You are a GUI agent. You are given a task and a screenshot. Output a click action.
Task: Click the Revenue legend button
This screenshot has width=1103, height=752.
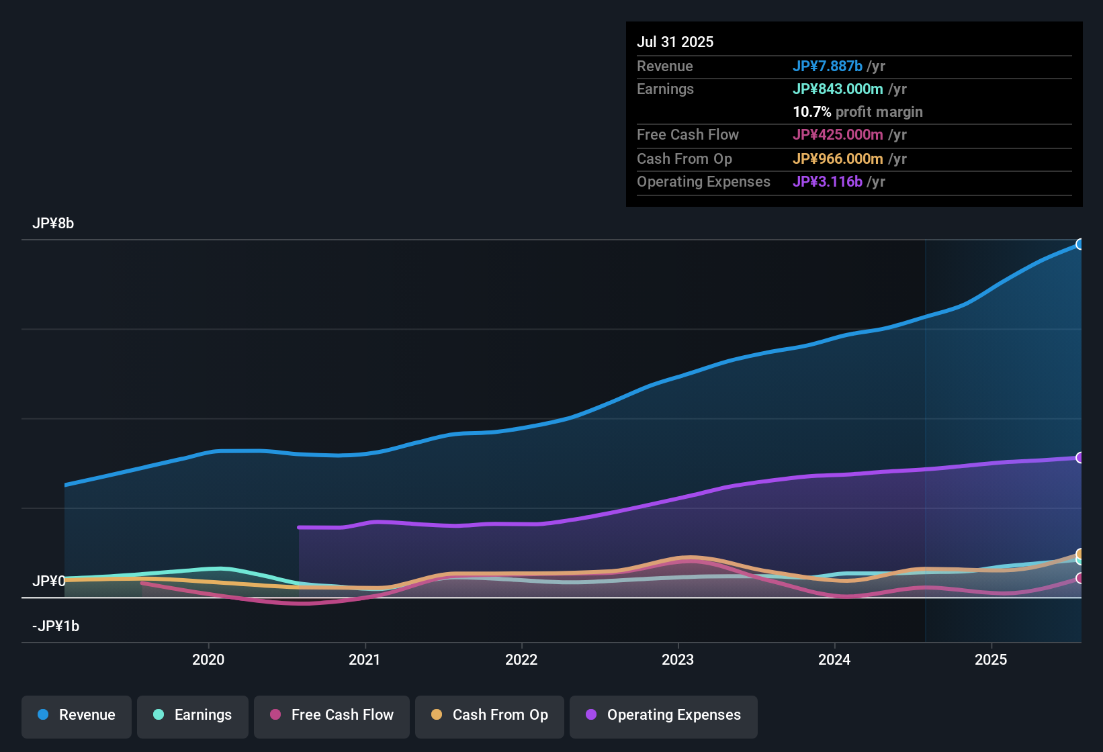(x=77, y=715)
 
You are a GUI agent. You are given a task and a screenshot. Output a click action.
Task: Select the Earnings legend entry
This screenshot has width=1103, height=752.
(x=193, y=715)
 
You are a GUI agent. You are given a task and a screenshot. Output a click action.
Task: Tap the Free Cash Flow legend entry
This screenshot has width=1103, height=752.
(x=332, y=715)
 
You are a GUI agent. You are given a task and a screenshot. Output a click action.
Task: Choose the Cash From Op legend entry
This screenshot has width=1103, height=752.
(x=490, y=715)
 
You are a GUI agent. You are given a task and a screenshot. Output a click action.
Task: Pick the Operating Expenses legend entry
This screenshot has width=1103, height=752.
(x=664, y=715)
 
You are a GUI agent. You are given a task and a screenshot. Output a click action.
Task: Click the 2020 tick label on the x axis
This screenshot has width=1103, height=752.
(x=208, y=659)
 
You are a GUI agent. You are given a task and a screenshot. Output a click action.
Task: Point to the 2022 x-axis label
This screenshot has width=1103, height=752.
(x=521, y=659)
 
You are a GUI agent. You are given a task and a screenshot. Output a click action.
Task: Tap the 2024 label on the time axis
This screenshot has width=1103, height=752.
(x=834, y=659)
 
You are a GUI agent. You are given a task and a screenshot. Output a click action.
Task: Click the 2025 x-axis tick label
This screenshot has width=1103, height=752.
(x=991, y=659)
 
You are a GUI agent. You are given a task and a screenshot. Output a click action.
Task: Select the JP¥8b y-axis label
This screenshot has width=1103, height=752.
(x=53, y=224)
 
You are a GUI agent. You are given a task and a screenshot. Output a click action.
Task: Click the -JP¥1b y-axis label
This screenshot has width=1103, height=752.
(x=56, y=626)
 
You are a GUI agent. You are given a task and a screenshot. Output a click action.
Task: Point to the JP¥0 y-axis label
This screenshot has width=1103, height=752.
(x=49, y=581)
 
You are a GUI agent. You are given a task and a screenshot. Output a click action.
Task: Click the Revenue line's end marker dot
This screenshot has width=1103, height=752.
(x=1079, y=244)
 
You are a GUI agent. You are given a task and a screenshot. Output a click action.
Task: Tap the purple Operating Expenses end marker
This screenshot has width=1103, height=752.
(x=1079, y=458)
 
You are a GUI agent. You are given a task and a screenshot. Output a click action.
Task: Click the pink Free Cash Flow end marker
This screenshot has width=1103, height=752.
(x=1079, y=578)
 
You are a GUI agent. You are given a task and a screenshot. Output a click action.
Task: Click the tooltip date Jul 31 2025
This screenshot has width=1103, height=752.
(x=675, y=42)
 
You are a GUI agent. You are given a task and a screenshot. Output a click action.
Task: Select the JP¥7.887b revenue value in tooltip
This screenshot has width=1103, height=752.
(x=828, y=66)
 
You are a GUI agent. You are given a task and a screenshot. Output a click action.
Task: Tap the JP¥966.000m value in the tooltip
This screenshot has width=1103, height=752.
(x=838, y=159)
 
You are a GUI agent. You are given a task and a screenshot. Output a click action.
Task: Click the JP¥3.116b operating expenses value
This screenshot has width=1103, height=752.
(x=828, y=182)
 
